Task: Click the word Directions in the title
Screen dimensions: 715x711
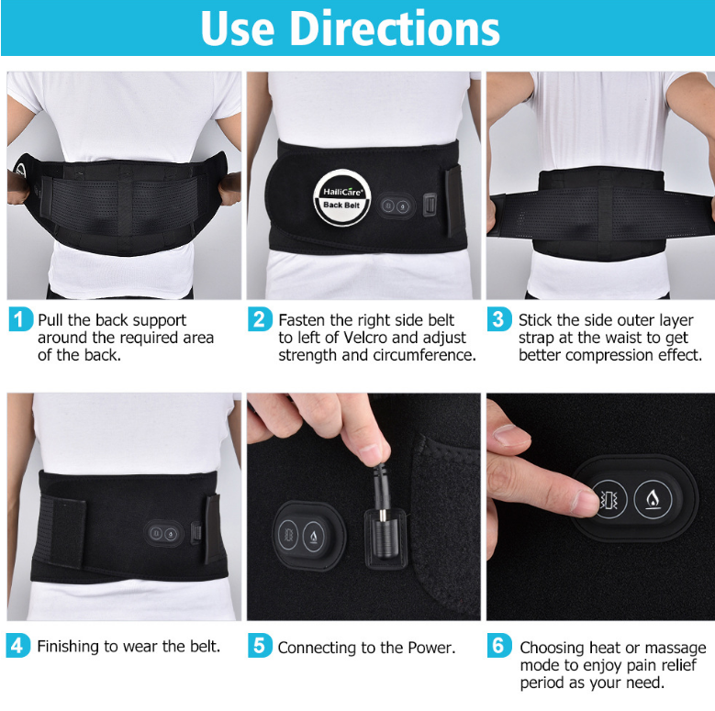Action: click(395, 28)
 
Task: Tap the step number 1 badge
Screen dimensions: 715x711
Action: click(20, 319)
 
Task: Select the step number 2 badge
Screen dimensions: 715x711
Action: click(260, 319)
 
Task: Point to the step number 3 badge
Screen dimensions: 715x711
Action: click(499, 319)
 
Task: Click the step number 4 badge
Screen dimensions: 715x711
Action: click(18, 645)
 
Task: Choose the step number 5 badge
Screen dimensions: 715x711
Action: click(260, 645)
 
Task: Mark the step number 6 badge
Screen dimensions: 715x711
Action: click(499, 645)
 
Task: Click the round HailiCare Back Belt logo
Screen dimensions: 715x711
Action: click(342, 198)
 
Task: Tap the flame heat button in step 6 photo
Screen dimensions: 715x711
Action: click(653, 498)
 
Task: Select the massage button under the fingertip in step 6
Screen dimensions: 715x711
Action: click(609, 499)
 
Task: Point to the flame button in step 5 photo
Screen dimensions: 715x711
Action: click(314, 536)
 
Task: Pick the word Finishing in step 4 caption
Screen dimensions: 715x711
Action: click(69, 647)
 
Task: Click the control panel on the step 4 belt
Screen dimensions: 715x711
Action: click(163, 534)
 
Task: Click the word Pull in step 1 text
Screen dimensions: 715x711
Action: click(50, 320)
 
